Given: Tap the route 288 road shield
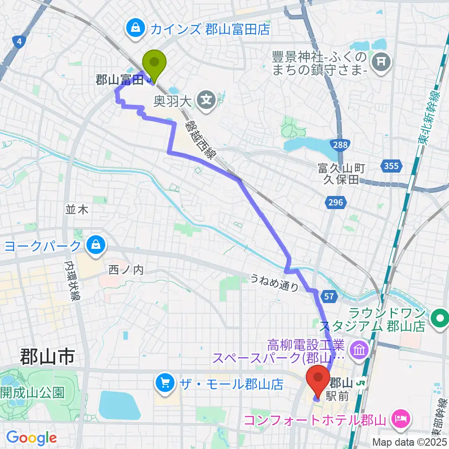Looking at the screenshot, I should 340,145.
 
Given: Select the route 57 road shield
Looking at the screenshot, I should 327,296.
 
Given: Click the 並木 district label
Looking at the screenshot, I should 77,210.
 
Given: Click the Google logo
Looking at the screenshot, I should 31,438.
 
